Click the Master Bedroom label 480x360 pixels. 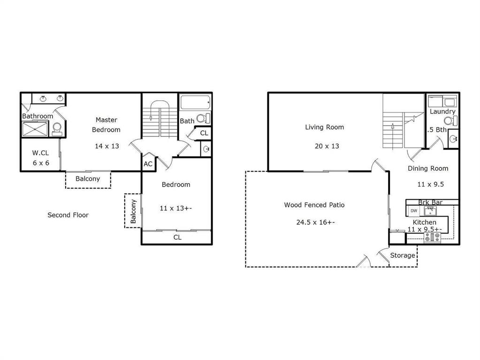coord(106,125)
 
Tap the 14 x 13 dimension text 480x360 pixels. coord(107,146)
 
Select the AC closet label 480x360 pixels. coord(148,164)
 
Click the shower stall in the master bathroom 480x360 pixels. coord(35,129)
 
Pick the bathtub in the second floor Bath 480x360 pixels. coord(195,103)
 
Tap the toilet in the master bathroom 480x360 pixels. coord(57,129)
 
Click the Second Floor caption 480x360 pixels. coord(68,215)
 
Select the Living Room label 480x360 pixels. coord(325,127)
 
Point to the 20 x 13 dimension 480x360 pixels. coord(327,146)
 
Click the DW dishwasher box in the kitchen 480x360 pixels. coord(414,211)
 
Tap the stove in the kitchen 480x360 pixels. coord(432,237)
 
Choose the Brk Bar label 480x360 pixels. coord(430,202)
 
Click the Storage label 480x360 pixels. coord(403,255)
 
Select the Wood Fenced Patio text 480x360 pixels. coord(314,205)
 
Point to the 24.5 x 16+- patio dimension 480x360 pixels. coord(316,222)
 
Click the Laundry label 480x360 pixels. coord(442,112)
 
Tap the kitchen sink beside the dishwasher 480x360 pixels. coord(430,211)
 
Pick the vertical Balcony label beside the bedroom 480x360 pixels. coord(133,211)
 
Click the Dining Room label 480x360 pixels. coord(428,169)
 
